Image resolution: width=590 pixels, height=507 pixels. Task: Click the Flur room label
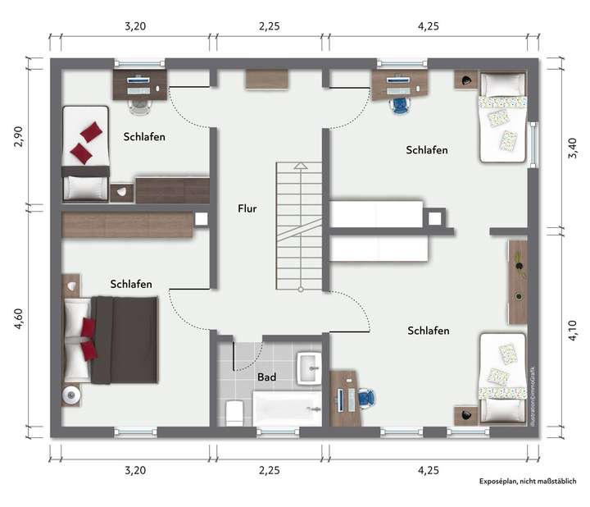[x=247, y=208]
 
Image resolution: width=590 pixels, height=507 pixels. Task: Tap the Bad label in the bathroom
[x=266, y=377]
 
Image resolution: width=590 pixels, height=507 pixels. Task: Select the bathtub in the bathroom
[x=287, y=405]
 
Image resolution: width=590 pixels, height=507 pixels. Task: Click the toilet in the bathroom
[x=233, y=411]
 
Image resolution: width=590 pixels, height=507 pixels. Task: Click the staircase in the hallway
[x=301, y=226]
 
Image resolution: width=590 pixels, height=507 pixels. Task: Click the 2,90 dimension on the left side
[x=19, y=136]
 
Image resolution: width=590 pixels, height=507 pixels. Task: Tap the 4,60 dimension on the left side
[x=19, y=317]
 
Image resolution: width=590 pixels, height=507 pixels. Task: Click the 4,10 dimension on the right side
[x=570, y=331]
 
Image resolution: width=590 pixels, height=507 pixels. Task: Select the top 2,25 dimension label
[x=269, y=26]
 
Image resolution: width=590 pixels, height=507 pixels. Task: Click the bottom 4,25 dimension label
[x=428, y=471]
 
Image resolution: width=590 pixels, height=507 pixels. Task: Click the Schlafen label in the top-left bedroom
[x=144, y=136]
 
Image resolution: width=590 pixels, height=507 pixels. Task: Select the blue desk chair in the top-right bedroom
[x=400, y=104]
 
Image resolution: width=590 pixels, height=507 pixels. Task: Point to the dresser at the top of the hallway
[x=267, y=80]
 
